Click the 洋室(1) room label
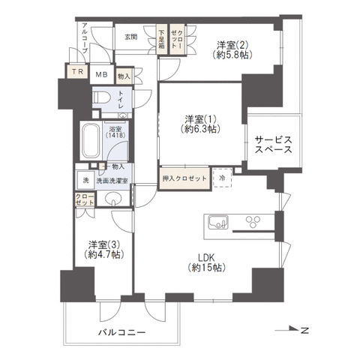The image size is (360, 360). tap(199, 124)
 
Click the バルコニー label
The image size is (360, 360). tap(121, 331)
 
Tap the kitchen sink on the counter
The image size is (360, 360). tap(217, 221)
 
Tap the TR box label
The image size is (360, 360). tap(78, 72)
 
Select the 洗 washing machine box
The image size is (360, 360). tap(85, 181)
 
